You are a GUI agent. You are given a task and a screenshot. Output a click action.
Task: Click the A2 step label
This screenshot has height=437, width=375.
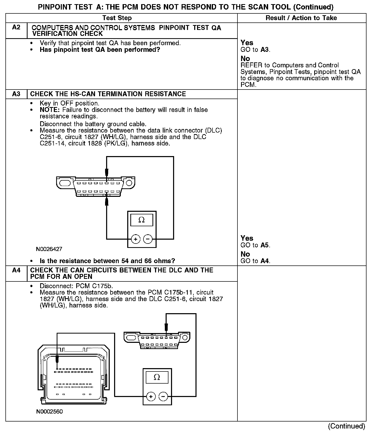[16, 27]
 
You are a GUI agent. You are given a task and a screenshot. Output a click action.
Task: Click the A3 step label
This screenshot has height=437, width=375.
[16, 94]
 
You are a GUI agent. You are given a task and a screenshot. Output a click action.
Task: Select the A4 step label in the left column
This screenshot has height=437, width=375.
[16, 270]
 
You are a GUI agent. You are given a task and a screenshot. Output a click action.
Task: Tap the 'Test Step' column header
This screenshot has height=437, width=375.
[117, 18]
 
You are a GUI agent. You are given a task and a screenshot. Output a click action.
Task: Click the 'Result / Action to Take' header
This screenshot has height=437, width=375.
[301, 18]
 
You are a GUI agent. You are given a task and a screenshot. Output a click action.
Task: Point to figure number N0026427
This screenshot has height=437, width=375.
[49, 249]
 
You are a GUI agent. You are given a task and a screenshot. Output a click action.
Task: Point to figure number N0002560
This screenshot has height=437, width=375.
[49, 411]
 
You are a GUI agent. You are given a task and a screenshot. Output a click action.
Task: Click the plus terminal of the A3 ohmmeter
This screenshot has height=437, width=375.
[135, 239]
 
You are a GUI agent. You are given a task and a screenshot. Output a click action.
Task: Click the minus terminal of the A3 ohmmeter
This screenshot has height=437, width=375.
[148, 239]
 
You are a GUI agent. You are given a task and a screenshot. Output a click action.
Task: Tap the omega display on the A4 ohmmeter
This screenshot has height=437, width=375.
[157, 377]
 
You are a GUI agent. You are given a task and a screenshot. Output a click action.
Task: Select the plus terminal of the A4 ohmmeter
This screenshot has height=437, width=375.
[151, 396]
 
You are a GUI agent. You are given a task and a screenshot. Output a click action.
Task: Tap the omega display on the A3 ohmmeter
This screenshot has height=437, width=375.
[142, 220]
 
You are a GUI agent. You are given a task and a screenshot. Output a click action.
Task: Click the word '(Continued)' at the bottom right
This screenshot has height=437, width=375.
[346, 426]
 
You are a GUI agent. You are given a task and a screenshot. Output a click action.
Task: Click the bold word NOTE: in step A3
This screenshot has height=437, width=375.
[49, 110]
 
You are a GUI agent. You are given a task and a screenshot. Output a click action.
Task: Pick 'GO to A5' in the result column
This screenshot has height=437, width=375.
[255, 245]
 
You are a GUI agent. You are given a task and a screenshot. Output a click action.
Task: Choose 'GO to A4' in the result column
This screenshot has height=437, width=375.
[255, 261]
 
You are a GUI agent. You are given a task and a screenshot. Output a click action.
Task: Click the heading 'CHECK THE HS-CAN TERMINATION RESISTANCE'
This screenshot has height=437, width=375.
[108, 94]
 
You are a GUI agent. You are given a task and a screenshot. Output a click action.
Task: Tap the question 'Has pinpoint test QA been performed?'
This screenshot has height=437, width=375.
[100, 50]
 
